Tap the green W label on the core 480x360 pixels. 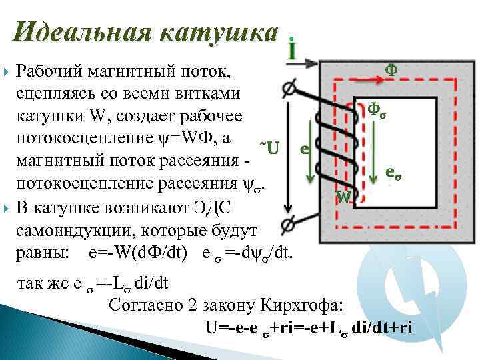(344, 197)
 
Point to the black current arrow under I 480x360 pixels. (305, 64)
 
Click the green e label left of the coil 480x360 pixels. (304, 149)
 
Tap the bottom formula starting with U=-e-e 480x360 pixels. (309, 327)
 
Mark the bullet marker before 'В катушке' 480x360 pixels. (7, 208)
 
